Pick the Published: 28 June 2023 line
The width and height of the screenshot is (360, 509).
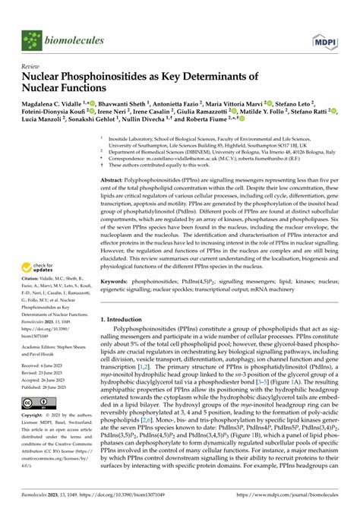pyautogui.click(x=49, y=407)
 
